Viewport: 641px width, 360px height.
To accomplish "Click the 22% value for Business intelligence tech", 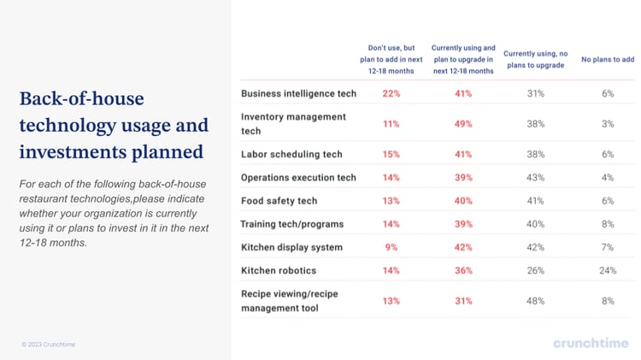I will click(x=391, y=93).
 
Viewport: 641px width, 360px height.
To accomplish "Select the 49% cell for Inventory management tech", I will click(x=462, y=124).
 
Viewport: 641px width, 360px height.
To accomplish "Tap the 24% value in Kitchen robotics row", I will click(x=608, y=270).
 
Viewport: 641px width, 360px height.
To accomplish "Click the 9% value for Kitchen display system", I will click(x=391, y=247).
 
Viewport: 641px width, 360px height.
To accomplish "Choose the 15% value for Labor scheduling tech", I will click(x=391, y=155).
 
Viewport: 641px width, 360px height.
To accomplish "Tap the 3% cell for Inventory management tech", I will click(x=608, y=124).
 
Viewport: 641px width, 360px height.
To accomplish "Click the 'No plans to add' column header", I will click(x=608, y=59).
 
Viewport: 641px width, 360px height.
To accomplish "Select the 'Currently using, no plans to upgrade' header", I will click(x=535, y=59).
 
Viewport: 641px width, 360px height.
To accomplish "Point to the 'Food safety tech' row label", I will click(x=279, y=201).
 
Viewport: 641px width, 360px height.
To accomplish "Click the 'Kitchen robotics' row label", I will click(x=279, y=270).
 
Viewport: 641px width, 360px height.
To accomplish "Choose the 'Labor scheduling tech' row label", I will click(x=291, y=155).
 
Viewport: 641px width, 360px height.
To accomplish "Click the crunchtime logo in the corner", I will click(x=590, y=343).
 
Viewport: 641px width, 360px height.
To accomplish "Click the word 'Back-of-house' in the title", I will click(x=81, y=98).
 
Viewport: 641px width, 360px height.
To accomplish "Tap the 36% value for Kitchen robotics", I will click(x=462, y=270).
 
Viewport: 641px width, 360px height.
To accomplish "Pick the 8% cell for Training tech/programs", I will click(x=608, y=224).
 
